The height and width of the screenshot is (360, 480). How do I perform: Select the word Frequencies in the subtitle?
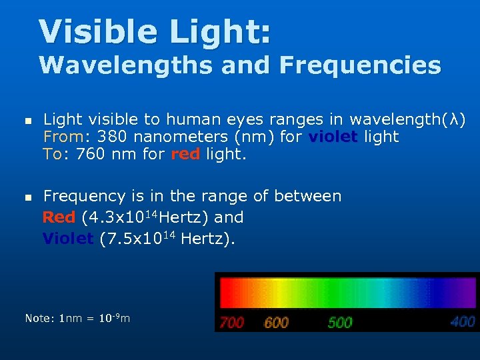click(361, 65)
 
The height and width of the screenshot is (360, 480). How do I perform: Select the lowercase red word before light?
click(185, 155)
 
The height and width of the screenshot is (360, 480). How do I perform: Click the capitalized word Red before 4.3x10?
click(59, 217)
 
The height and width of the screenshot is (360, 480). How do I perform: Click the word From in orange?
click(63, 137)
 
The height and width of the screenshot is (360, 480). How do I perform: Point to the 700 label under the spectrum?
click(232, 323)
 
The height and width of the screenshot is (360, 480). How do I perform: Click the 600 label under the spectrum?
click(276, 323)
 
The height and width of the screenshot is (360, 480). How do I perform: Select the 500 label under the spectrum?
click(339, 323)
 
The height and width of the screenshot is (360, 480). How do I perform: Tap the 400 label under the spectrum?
click(462, 322)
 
